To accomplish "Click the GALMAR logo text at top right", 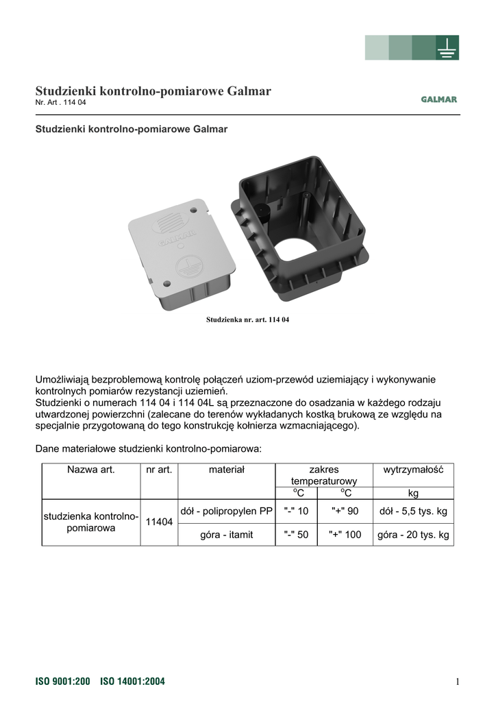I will point(438,99).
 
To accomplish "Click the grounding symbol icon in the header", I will point(447,48).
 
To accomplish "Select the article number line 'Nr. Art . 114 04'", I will point(61,103).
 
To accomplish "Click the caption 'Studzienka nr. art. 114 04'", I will point(248,320).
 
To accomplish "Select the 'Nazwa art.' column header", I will point(91,470).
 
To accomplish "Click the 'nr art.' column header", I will point(159,470).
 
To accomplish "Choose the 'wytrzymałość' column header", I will point(413,470).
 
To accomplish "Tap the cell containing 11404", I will point(159,522).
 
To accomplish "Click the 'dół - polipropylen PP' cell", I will point(226,511).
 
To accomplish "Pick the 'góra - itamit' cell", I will point(226,534).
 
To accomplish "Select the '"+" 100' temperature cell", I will point(345,534).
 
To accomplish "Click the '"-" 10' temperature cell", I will point(296,511).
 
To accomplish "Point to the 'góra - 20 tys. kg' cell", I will point(413,534).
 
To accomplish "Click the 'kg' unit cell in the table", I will point(413,493).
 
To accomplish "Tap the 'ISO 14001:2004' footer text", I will point(132,681).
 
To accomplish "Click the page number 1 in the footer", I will point(456,681).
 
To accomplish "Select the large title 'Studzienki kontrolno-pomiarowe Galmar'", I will point(153,90).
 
